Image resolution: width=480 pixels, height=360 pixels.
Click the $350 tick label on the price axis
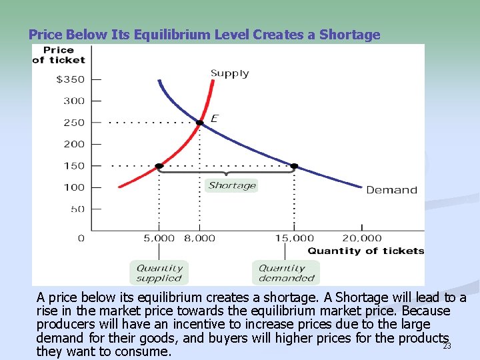(x=71, y=79)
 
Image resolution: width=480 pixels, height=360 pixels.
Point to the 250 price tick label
(x=74, y=123)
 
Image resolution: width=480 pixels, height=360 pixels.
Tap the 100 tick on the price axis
(x=74, y=187)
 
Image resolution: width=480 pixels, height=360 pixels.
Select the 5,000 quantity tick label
(x=159, y=238)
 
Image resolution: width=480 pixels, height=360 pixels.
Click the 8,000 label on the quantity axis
(x=200, y=238)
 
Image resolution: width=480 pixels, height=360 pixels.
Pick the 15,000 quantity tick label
(x=294, y=238)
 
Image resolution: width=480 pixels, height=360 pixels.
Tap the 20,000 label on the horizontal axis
(x=362, y=238)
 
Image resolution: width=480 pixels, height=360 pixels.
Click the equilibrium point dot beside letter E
(x=199, y=123)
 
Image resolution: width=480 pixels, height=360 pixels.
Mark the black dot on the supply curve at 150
(x=159, y=166)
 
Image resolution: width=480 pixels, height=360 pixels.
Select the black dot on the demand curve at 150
(x=294, y=166)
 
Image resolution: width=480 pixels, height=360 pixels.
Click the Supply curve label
(x=230, y=73)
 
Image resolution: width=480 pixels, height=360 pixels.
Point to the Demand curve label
(x=391, y=190)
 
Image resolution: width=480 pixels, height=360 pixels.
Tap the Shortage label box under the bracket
(x=232, y=185)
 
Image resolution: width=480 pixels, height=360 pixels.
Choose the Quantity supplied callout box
(x=159, y=273)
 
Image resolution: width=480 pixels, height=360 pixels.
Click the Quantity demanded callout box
(x=287, y=273)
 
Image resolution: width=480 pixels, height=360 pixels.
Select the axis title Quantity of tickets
(x=365, y=251)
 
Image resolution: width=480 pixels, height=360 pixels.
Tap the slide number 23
(x=447, y=346)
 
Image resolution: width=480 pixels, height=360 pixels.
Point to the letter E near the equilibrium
(x=214, y=119)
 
